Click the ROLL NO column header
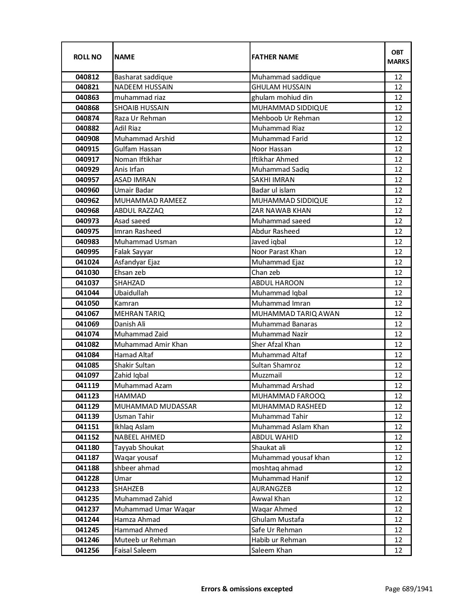[x=87, y=57]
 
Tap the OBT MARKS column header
[x=398, y=57]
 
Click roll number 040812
[x=87, y=77]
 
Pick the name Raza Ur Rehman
[x=140, y=118]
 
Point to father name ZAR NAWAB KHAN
[x=281, y=211]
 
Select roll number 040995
[x=87, y=252]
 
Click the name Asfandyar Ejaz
[x=137, y=262]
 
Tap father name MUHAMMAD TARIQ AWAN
[x=295, y=314]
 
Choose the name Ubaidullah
[x=131, y=293]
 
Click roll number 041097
[x=87, y=375]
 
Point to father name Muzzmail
[x=266, y=375]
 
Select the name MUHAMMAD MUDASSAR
[x=155, y=407]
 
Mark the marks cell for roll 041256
[x=398, y=550]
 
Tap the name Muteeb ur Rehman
[x=145, y=540]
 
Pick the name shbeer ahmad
[x=137, y=468]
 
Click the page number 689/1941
[x=408, y=589]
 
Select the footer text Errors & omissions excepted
[x=247, y=589]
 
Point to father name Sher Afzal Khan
[x=276, y=345]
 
